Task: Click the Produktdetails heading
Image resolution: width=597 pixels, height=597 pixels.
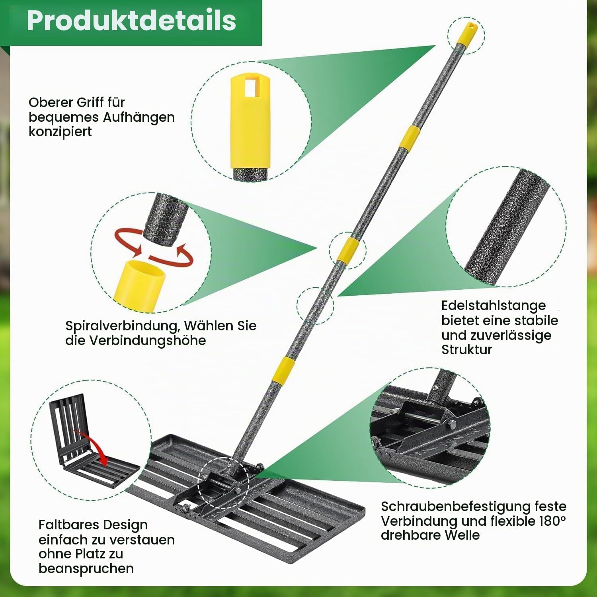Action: click(131, 21)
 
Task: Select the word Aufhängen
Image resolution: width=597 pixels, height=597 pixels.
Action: click(139, 117)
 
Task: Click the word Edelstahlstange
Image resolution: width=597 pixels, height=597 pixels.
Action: click(494, 306)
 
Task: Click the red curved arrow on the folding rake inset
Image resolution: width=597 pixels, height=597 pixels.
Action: click(94, 444)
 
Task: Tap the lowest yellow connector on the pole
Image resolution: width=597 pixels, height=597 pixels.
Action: click(283, 371)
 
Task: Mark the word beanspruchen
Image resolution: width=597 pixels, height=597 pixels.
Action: click(86, 568)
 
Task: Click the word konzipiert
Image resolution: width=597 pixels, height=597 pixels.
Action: click(60, 131)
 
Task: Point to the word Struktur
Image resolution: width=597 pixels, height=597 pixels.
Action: click(466, 349)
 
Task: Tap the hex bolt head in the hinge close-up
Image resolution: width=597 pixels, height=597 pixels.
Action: click(452, 424)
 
